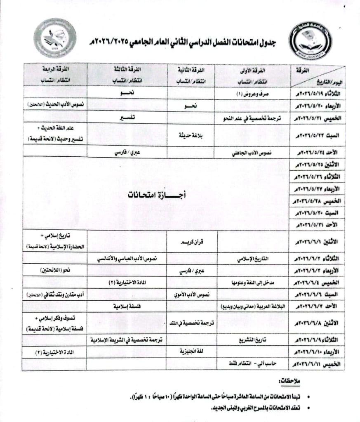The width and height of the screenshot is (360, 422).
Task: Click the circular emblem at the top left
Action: pyautogui.click(x=55, y=38)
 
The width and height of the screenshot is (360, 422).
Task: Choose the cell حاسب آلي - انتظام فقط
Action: pyautogui.click(x=252, y=364)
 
